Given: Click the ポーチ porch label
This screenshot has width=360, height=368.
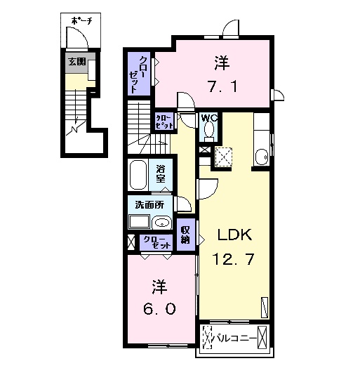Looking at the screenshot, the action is coord(81,21).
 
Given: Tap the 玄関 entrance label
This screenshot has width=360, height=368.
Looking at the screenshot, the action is coord(77,62).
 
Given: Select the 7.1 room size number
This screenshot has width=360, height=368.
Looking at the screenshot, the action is coord(222,86).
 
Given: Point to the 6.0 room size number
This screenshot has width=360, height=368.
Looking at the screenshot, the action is coord(159,309).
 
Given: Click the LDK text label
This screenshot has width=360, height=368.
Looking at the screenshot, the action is coord(235,235).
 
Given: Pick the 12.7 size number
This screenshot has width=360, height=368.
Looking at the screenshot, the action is coord(234,259).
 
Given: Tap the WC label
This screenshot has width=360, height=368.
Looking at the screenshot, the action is coord(209,117).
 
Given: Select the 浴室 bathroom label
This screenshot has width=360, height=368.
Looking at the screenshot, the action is coord(161,173).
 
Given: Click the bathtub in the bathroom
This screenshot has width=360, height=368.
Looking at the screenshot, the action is coord(138,174).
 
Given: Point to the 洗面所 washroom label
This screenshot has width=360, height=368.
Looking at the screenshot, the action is coord(149,205).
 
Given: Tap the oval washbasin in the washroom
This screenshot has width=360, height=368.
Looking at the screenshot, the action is coord(162,223).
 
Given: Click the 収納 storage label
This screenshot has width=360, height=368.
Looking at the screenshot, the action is coord(185,235).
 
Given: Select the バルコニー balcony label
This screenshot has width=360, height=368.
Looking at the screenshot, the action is coord(235,339).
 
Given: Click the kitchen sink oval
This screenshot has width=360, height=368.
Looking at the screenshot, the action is coord(262,157).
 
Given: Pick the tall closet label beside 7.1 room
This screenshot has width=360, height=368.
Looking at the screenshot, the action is coord(136,74).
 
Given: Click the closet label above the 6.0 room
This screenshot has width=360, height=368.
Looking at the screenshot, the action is coord(156,242).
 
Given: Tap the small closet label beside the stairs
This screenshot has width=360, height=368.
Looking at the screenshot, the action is coord(164,121).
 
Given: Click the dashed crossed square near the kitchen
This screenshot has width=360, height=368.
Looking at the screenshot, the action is coord(223,157).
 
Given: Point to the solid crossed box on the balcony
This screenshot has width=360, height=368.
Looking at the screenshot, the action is coord(262,338).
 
